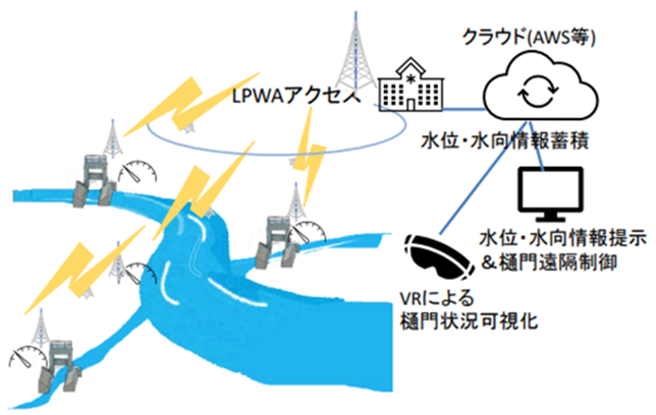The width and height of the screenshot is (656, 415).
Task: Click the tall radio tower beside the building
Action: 352,55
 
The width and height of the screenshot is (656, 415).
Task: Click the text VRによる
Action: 433,300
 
